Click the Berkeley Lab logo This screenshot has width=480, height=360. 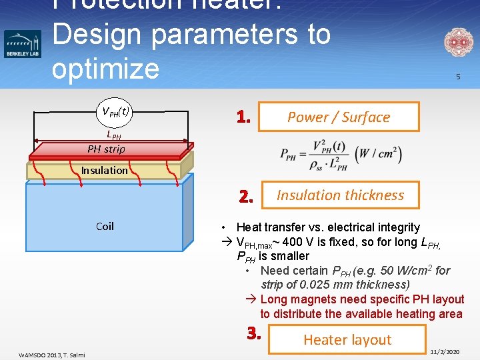tap(23, 43)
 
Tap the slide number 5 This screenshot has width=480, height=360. tap(458, 77)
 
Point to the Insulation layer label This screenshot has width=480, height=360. tap(105, 170)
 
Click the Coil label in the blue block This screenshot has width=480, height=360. tap(105, 226)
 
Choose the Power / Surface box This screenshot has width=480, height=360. tap(339, 117)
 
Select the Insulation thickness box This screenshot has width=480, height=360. tap(340, 195)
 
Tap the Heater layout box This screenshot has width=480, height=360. tap(347, 339)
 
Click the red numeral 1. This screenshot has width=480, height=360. tap(243, 118)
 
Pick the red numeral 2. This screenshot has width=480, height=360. tap(246, 197)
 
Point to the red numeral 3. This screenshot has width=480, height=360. tap(253, 332)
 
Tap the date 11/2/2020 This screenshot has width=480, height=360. tap(445, 351)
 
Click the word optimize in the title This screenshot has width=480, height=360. tap(105, 68)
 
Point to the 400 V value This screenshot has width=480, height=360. tap(297, 241)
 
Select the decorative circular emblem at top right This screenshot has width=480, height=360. tap(458, 43)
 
